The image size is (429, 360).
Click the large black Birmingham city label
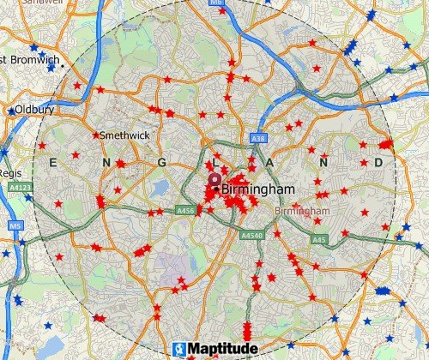pos(258,189)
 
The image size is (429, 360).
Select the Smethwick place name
pos(124,135)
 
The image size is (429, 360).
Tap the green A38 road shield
pos(257,138)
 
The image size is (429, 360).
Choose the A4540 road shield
pos(252,235)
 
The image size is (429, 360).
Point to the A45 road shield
pos(319,239)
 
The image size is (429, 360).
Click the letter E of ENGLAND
pos(54,162)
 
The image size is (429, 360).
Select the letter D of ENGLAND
pos(378,162)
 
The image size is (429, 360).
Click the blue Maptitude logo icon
pos(178,350)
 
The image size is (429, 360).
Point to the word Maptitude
pos(221,350)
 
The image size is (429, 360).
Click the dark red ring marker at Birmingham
pos(214,180)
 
